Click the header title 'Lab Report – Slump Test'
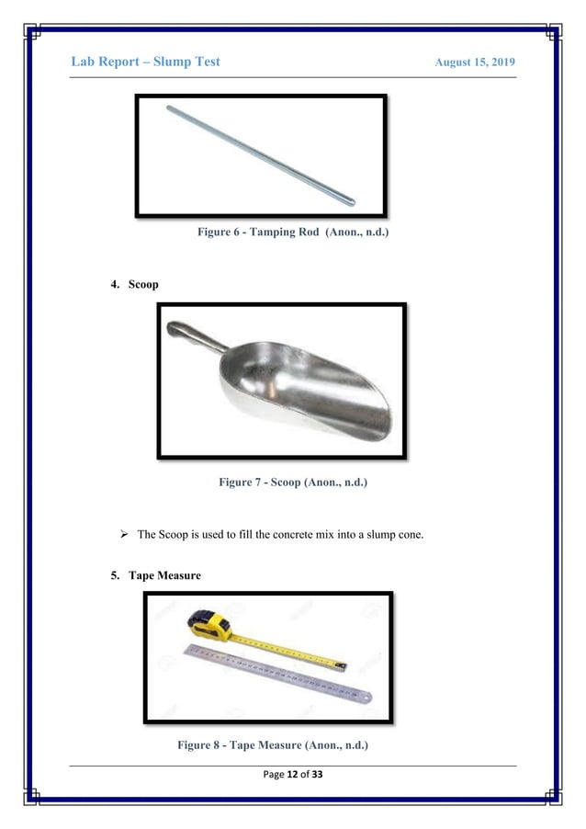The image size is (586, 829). [x=145, y=62]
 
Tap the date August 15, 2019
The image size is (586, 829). [x=474, y=62]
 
